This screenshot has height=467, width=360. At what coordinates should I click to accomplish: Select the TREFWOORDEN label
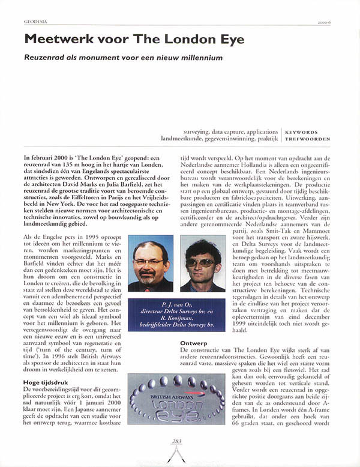point(307,138)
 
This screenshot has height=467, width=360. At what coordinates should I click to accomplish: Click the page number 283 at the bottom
point(176,441)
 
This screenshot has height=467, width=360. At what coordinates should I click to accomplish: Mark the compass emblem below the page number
point(176,454)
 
